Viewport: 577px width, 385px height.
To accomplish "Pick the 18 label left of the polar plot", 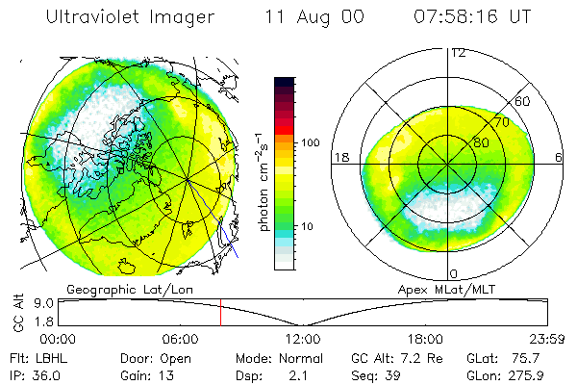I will coord(339,156).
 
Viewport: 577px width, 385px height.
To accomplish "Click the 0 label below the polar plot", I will coord(452,274).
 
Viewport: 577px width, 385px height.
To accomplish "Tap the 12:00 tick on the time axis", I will coord(303,339).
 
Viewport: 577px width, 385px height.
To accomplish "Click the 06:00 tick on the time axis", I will coord(180,339).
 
